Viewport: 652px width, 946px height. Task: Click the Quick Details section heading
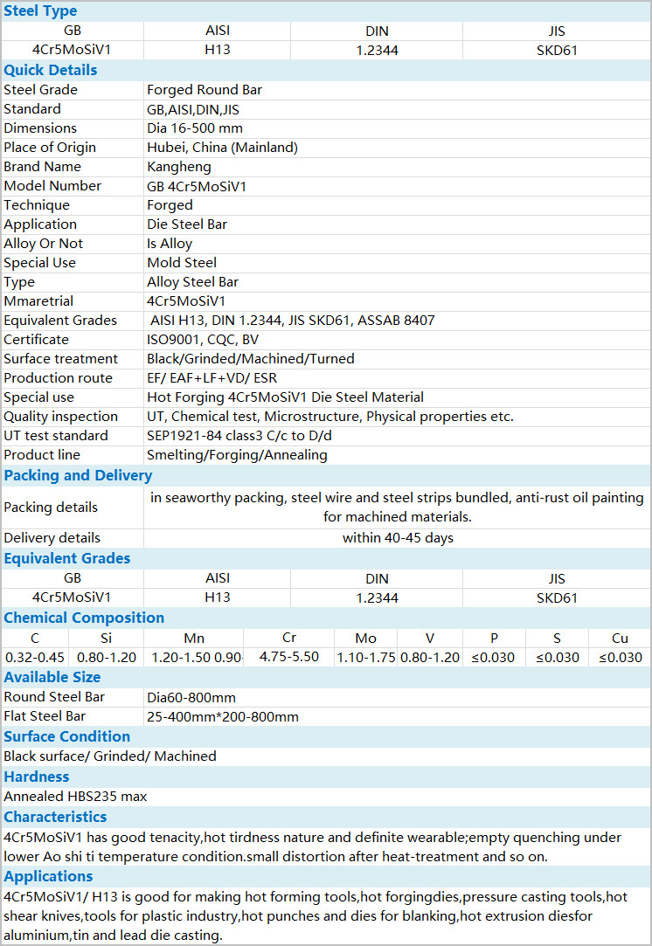(x=51, y=70)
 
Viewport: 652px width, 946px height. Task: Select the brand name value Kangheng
(x=179, y=167)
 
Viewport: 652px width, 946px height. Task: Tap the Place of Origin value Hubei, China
(x=222, y=148)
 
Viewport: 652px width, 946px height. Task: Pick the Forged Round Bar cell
(x=205, y=90)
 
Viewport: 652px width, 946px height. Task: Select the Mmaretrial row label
(x=40, y=301)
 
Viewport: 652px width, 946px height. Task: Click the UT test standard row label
(x=56, y=436)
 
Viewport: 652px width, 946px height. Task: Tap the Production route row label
(x=58, y=378)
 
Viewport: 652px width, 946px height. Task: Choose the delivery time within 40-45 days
(x=398, y=538)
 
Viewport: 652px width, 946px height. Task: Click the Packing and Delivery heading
(x=78, y=475)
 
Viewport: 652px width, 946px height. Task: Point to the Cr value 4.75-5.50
(x=289, y=657)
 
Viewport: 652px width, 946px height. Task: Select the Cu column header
(x=620, y=639)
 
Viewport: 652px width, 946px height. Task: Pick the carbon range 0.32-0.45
(x=35, y=658)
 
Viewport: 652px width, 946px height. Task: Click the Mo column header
(x=366, y=639)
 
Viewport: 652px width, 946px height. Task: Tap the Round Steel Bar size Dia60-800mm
(x=191, y=698)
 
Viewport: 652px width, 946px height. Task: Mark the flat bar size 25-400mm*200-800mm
(x=223, y=717)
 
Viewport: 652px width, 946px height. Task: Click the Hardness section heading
(x=37, y=777)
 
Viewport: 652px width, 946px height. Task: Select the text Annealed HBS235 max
(x=75, y=797)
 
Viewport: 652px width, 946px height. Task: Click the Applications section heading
(x=48, y=876)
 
